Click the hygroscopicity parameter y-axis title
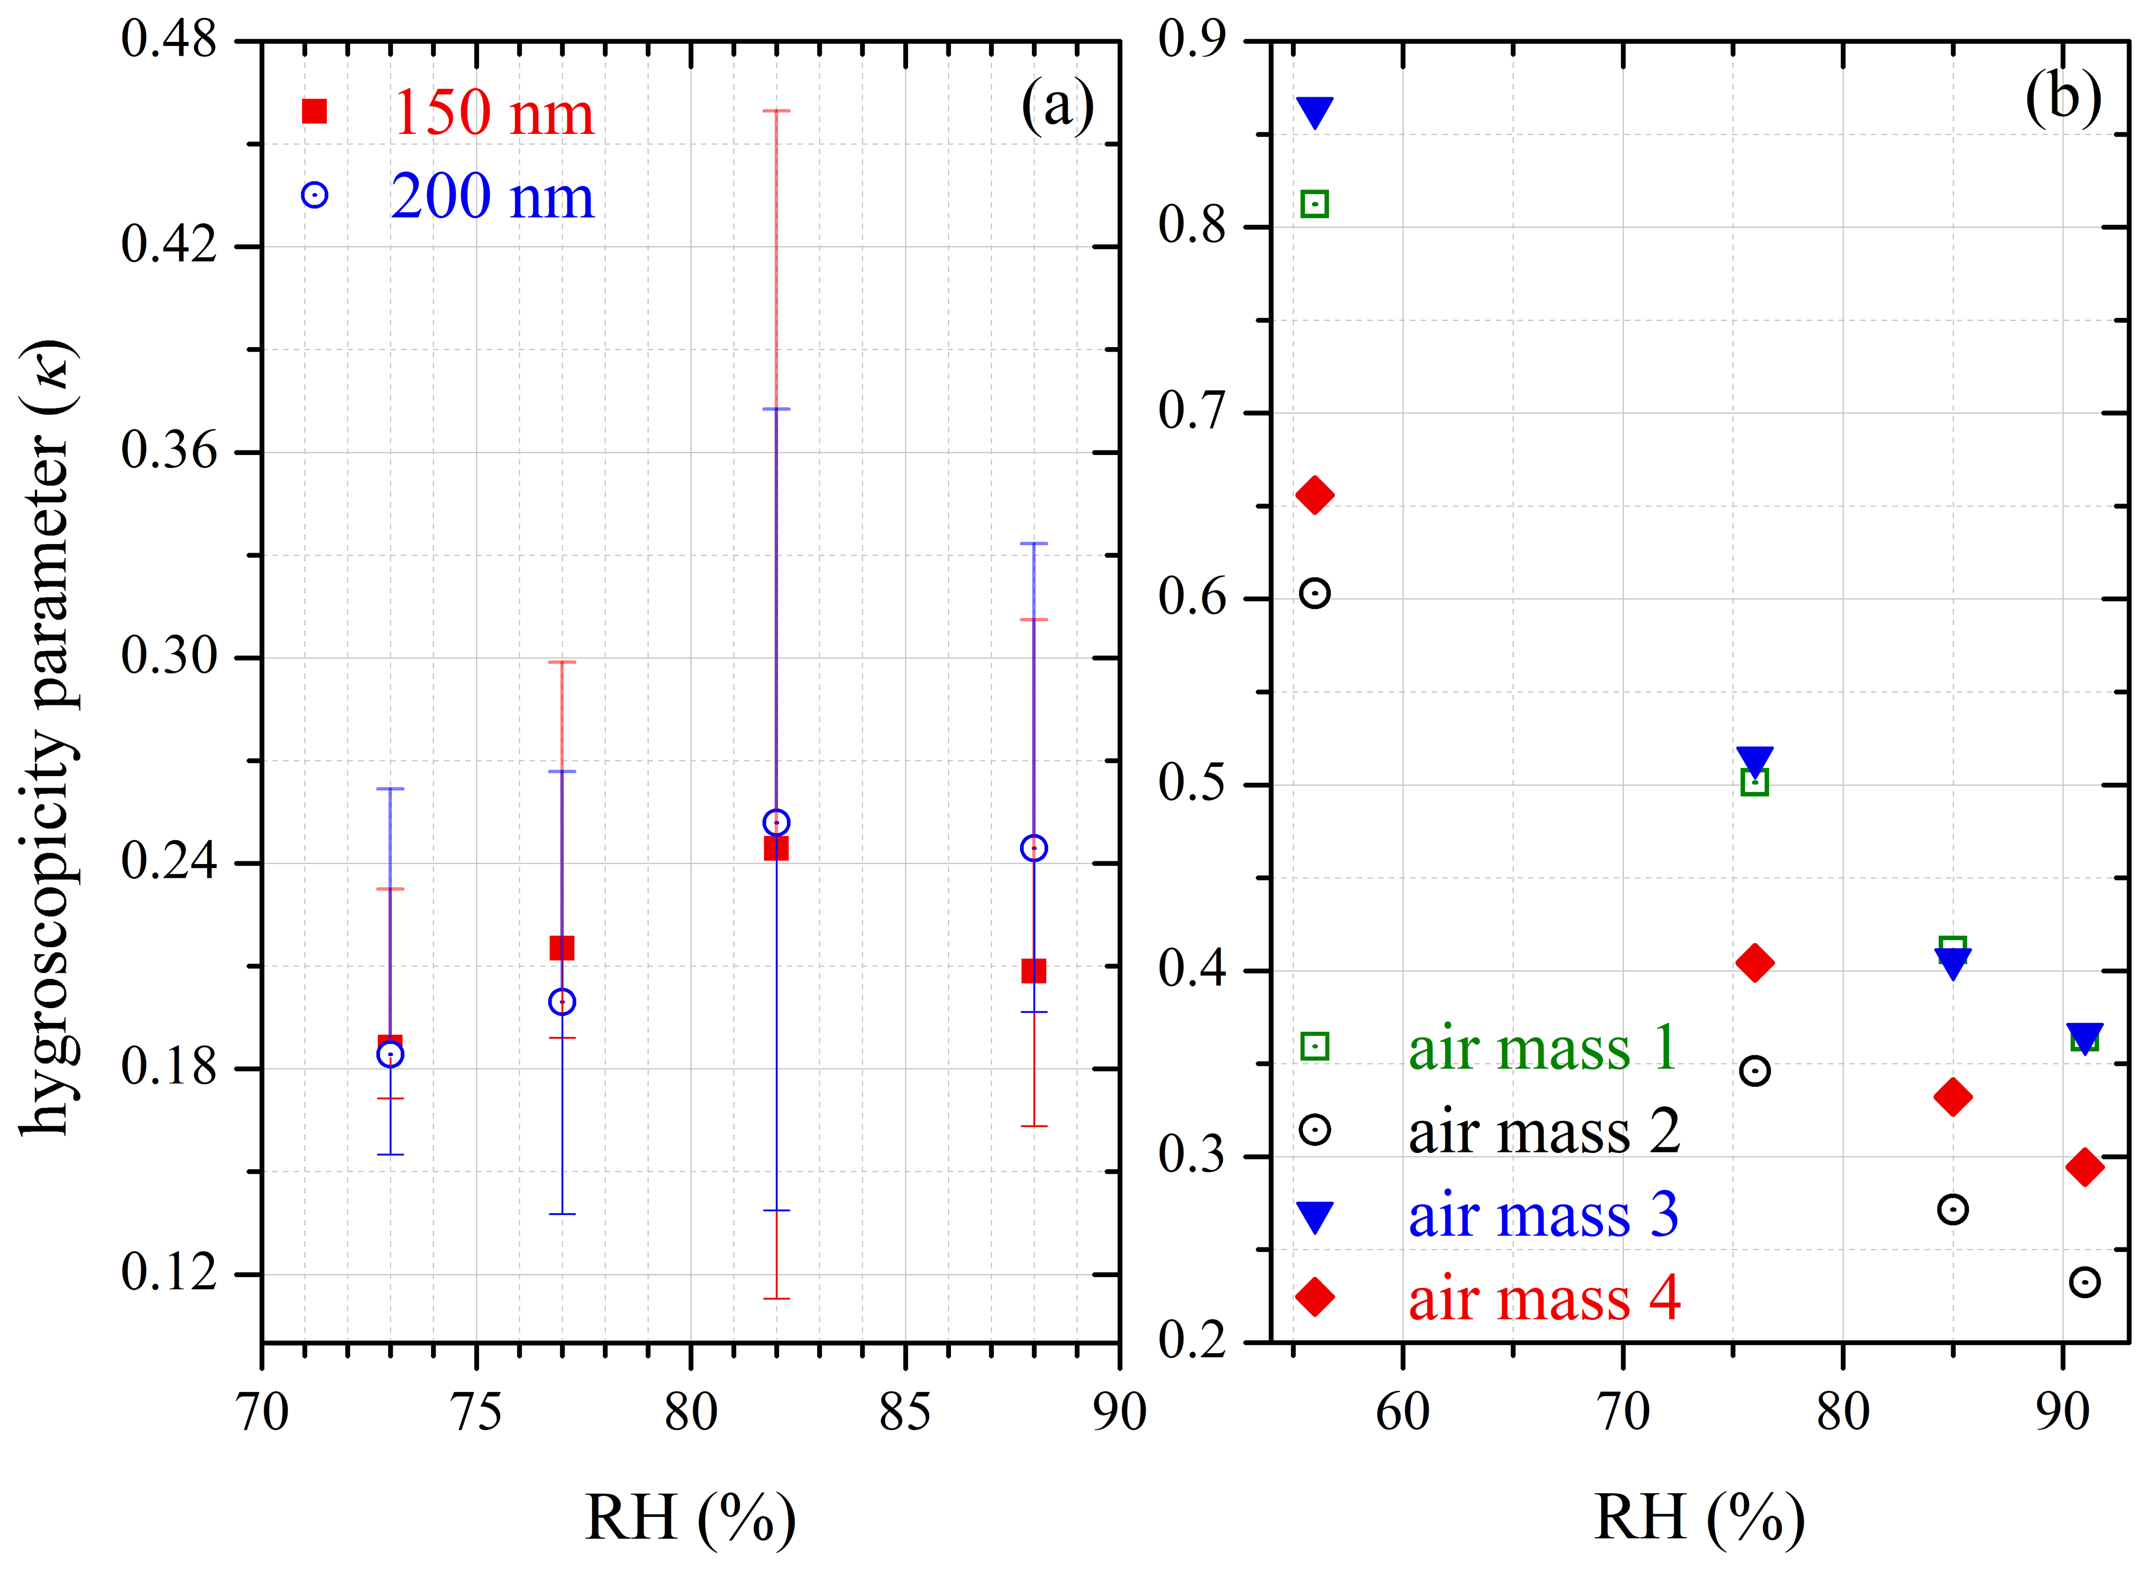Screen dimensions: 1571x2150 (48, 737)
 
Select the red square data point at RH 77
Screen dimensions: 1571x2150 (562, 948)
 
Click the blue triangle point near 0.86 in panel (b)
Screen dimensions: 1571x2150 (1315, 111)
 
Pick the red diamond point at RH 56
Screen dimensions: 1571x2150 (1315, 495)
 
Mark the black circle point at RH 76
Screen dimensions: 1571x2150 (1754, 1071)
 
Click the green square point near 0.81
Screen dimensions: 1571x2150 (1314, 204)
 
